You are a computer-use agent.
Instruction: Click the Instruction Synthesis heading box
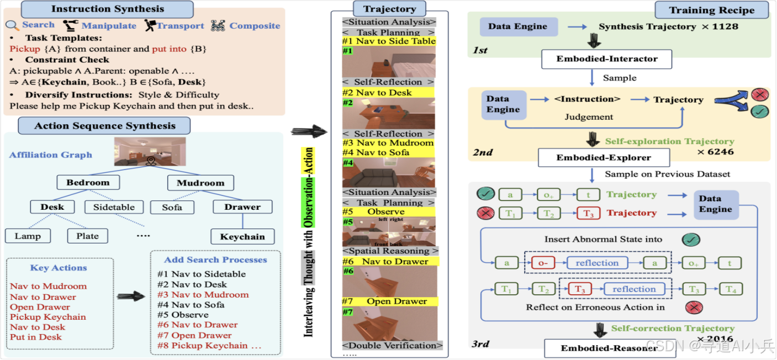tap(107, 9)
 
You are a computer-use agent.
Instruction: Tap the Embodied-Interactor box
tap(607, 59)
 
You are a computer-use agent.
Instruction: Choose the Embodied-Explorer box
tap(604, 158)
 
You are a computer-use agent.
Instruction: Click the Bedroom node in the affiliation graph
tap(88, 183)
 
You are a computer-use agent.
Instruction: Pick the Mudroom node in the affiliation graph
tap(200, 183)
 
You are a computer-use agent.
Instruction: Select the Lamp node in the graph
tap(28, 236)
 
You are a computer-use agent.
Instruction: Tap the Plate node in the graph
tap(87, 236)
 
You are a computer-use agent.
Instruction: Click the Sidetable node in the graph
tap(114, 208)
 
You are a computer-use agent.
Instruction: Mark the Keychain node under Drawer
tap(242, 237)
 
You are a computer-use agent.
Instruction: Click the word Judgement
tap(589, 117)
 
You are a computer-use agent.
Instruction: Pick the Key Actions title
tap(59, 268)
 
